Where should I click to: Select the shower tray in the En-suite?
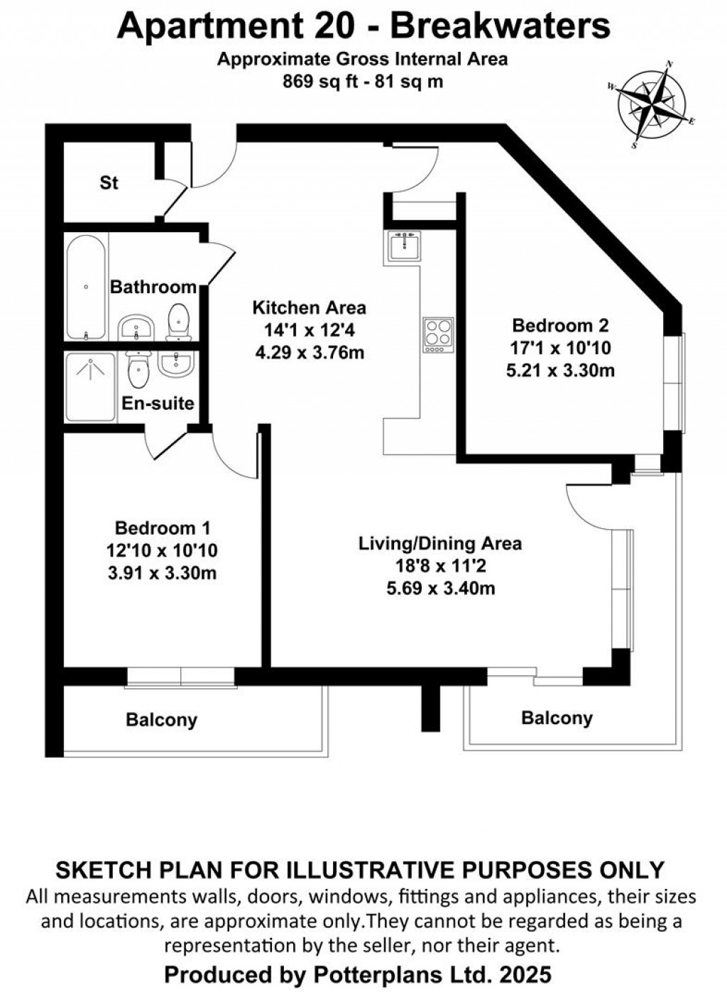coord(90,387)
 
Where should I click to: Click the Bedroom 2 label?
coord(560,325)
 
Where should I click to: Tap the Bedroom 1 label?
coord(163,528)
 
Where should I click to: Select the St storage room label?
coord(109,183)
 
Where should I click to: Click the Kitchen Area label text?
coord(309,307)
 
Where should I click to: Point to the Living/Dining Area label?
coord(439,543)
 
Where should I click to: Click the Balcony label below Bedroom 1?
coord(161,720)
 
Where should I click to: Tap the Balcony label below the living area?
coord(557,718)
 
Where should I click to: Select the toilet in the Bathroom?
coord(178,322)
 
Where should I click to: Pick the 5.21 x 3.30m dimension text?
coord(560,371)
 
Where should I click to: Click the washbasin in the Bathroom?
coord(136,328)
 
